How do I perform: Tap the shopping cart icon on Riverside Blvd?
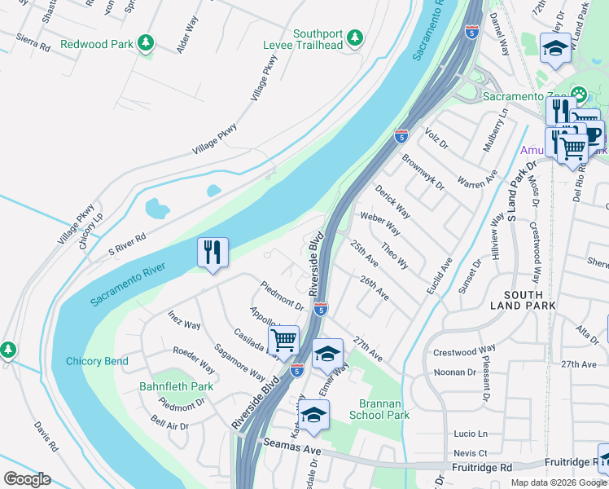[283, 340]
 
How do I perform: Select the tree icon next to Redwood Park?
[146, 42]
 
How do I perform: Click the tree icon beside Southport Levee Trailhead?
[354, 37]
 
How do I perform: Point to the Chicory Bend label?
[96, 361]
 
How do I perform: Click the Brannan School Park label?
[379, 409]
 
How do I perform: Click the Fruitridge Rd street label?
[483, 468]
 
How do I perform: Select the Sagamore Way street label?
[240, 363]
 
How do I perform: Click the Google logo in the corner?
[27, 479]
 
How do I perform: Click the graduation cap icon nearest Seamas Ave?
[313, 416]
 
